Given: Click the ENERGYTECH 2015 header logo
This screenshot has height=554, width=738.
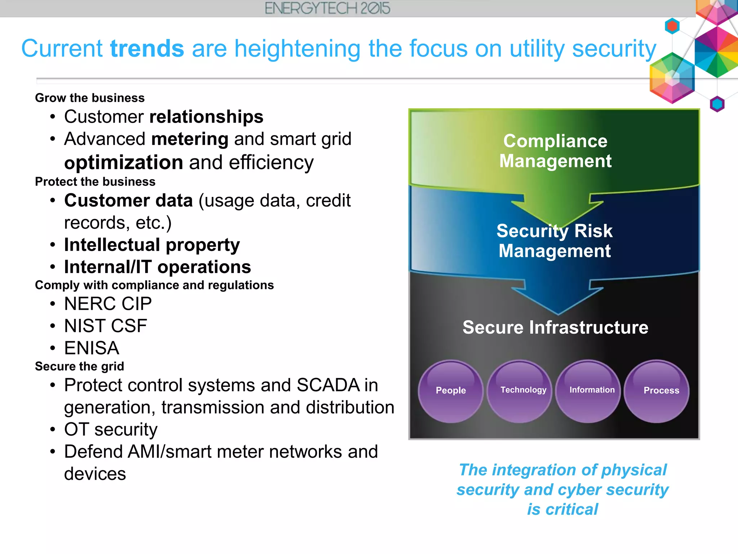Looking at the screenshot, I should [327, 8].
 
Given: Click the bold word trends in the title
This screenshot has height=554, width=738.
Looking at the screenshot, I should [147, 48].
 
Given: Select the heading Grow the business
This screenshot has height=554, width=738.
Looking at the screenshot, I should [90, 98].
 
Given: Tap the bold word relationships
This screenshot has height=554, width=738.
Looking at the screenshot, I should [206, 117].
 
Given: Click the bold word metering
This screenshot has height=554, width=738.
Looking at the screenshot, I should [190, 139].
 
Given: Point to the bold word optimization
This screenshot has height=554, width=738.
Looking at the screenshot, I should [124, 162].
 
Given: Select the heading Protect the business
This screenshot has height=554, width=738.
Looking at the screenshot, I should [95, 182].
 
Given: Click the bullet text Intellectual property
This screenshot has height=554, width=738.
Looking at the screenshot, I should [152, 245].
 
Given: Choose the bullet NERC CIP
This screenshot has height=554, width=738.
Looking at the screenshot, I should [108, 304].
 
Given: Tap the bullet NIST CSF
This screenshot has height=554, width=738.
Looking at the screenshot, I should [106, 326].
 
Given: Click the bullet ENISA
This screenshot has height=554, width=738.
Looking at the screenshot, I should [92, 348].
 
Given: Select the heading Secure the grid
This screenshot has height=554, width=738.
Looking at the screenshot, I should [79, 366].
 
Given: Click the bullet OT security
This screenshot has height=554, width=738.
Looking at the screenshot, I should [111, 430].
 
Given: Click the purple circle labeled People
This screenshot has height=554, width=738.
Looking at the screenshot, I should [450, 391].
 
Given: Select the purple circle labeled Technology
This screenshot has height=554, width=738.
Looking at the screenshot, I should [520, 391].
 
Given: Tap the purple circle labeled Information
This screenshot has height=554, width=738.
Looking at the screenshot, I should [588, 391].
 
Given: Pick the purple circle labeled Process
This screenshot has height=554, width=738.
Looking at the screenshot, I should [657, 391].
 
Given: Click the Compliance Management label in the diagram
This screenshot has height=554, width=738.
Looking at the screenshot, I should [555, 151].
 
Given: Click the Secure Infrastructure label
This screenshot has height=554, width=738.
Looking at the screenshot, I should [555, 327].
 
